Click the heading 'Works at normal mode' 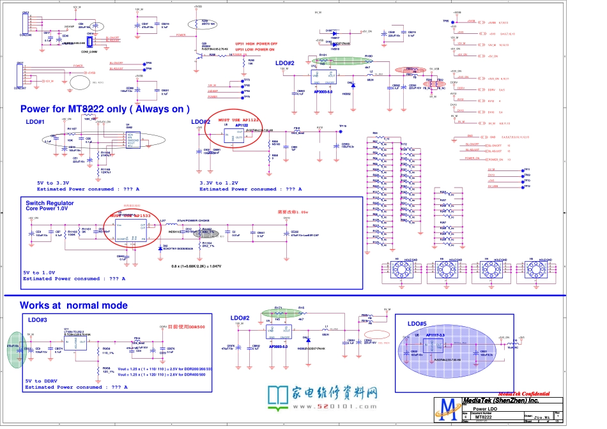tap(73, 306)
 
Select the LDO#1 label tap(35, 122)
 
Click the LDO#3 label tap(38, 319)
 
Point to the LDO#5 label tap(417, 324)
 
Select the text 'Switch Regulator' tap(49, 203)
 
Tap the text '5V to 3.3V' tap(54, 183)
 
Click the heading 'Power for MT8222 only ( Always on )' tap(105, 109)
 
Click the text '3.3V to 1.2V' tap(218, 183)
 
